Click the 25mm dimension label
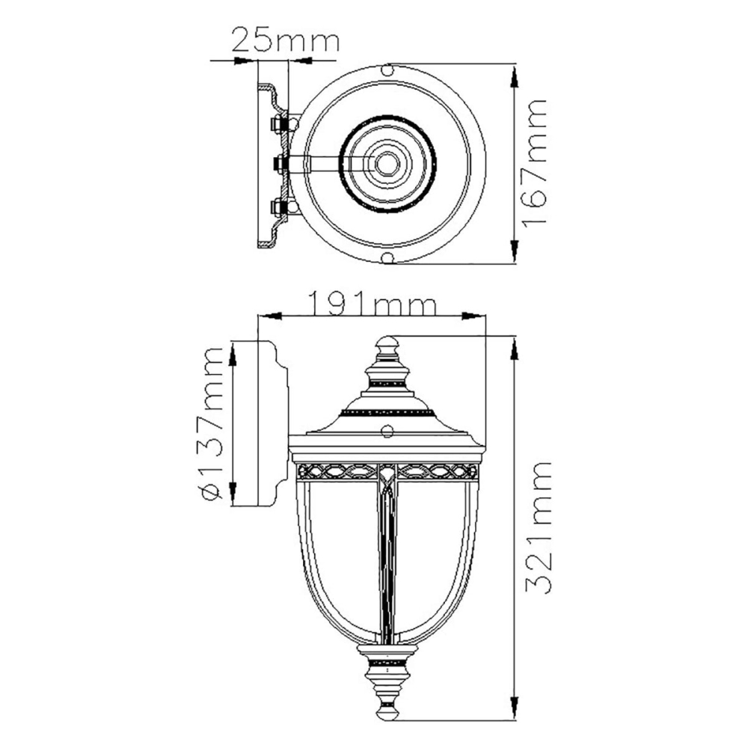(285, 41)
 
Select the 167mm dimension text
(534, 164)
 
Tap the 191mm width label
(372, 304)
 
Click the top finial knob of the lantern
(387, 344)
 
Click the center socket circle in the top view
(387, 164)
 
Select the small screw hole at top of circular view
(387, 70)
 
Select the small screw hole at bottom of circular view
(387, 258)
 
